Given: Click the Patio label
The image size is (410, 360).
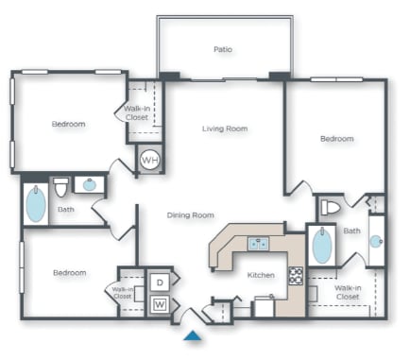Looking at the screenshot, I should click(x=223, y=49).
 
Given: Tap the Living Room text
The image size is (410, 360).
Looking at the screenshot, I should click(x=224, y=129).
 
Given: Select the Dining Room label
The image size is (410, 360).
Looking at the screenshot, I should click(x=191, y=215).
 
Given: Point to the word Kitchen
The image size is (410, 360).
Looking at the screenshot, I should click(x=261, y=275).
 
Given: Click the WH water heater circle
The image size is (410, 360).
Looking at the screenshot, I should click(x=149, y=160).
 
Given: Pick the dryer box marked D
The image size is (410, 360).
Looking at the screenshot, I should click(x=159, y=282).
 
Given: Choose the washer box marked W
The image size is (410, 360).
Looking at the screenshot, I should click(x=159, y=303).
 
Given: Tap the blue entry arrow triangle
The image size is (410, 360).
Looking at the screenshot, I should click(x=193, y=335).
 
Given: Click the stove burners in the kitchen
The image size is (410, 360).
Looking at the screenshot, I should click(x=295, y=276).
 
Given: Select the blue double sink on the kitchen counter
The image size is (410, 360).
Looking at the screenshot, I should click(x=258, y=244).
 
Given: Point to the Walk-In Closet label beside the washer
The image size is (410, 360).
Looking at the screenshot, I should click(x=123, y=293).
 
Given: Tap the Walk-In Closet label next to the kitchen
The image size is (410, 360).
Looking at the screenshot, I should click(x=346, y=291).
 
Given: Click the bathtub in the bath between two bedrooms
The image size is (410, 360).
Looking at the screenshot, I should click(x=35, y=204).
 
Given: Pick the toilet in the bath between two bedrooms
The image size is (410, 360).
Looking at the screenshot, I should click(x=61, y=185).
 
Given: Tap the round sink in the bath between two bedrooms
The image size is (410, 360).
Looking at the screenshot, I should click(x=90, y=184).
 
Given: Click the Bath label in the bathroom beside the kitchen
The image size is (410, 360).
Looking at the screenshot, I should click(x=351, y=231).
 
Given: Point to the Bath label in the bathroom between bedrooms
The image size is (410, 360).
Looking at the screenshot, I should click(x=65, y=210).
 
